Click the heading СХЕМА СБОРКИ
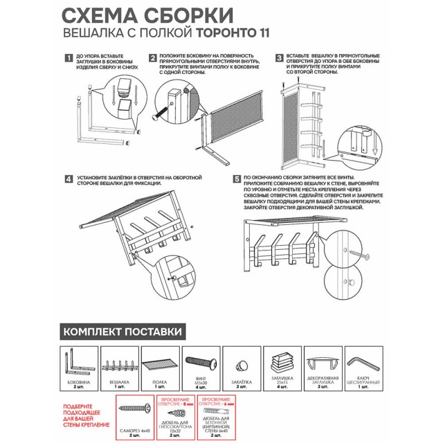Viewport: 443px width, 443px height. pyautogui.click(x=147, y=15)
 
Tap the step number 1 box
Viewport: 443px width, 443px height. pyautogui.click(x=68, y=58)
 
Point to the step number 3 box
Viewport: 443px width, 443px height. pyautogui.click(x=280, y=58)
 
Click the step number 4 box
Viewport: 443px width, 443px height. pyautogui.click(x=68, y=179)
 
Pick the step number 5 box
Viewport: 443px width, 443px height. pyautogui.click(x=237, y=179)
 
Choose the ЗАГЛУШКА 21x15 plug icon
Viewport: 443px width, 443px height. pyautogui.click(x=283, y=361)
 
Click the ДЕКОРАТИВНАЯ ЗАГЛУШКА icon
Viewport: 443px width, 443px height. pyautogui.click(x=323, y=362)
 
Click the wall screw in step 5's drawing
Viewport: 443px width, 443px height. pyautogui.click(x=361, y=253)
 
